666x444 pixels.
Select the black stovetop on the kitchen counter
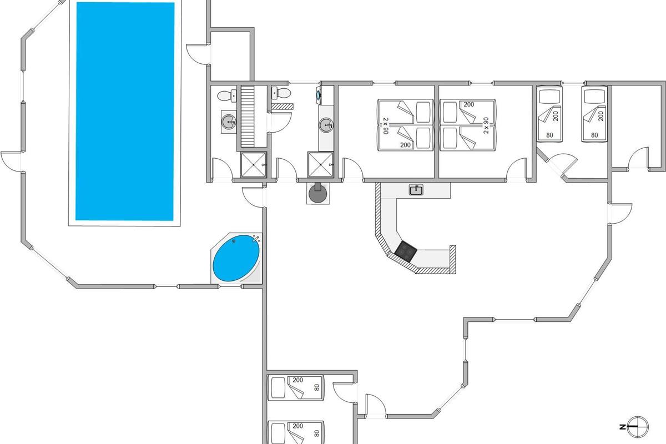click(x=406, y=252)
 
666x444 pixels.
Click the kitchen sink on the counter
click(x=416, y=190)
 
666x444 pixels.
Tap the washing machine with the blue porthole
click(x=319, y=95)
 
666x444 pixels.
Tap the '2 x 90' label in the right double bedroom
click(x=486, y=125)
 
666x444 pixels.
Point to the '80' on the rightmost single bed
click(x=594, y=134)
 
